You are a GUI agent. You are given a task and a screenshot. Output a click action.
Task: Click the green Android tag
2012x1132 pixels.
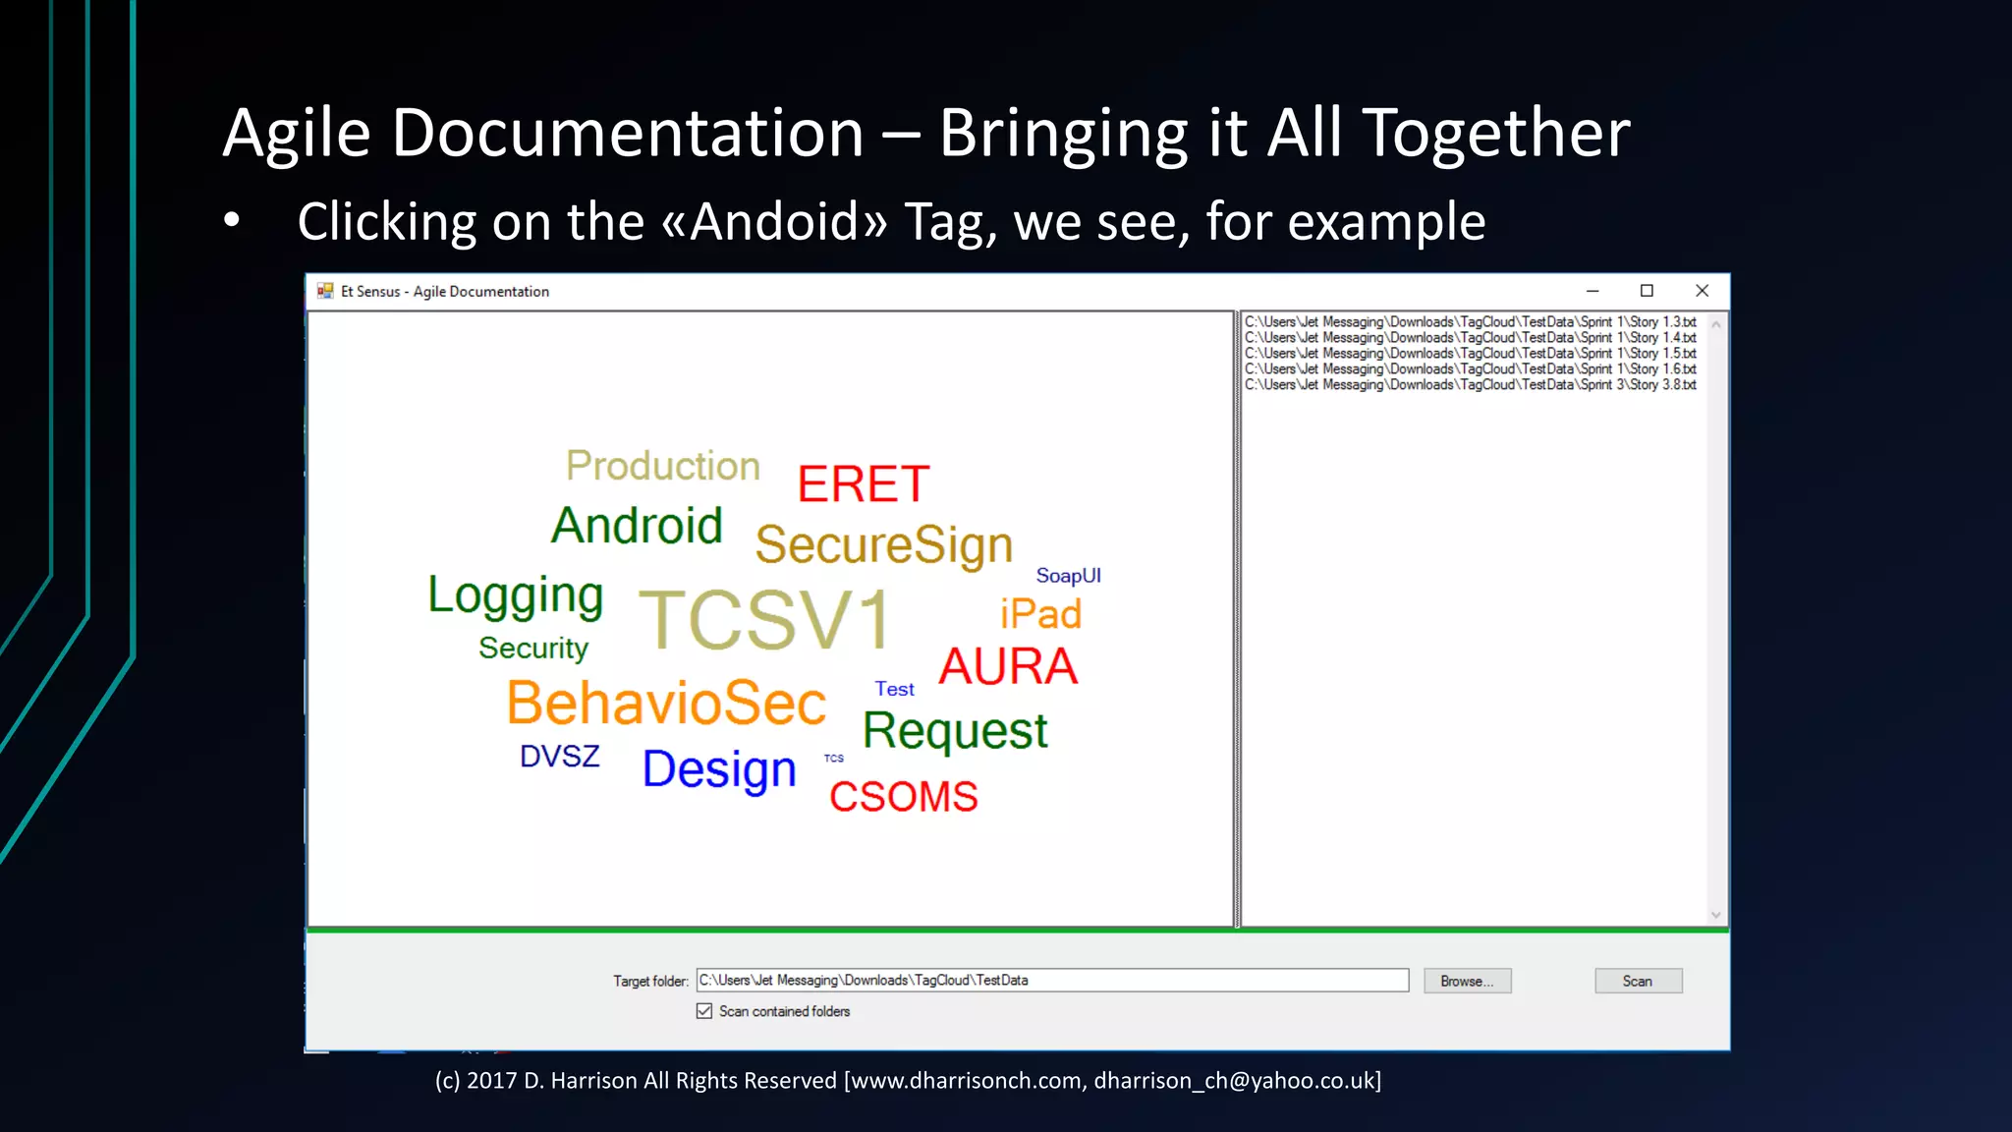point(637,526)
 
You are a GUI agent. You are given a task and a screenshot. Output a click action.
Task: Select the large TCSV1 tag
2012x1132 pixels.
point(765,620)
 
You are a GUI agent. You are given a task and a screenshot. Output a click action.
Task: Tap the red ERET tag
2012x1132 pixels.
point(863,484)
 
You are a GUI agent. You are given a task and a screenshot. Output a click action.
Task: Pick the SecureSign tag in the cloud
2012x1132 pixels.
point(883,545)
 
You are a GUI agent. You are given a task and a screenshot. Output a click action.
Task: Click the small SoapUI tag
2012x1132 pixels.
point(1068,576)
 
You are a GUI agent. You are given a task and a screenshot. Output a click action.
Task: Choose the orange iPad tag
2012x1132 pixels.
point(1040,614)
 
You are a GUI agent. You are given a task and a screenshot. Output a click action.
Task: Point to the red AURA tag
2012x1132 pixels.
point(1008,666)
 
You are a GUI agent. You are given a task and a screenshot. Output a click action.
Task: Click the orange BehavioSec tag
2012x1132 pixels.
point(666,704)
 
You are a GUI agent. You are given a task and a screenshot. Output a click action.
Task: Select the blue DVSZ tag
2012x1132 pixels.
point(559,757)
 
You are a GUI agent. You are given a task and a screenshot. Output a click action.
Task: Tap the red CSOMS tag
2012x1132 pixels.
point(903,797)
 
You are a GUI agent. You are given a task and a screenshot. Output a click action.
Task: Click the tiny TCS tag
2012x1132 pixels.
point(833,759)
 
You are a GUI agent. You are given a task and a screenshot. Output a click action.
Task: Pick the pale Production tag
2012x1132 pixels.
point(663,466)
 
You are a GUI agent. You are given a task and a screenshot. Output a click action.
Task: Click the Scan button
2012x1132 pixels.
point(1638,981)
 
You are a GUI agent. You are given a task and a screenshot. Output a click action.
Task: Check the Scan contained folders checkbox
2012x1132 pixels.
point(704,1011)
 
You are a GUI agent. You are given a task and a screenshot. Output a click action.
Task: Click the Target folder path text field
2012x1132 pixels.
point(1051,981)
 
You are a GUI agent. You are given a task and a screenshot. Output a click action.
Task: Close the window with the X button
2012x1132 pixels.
point(1702,291)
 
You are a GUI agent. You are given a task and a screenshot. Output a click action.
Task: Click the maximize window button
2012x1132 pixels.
point(1647,291)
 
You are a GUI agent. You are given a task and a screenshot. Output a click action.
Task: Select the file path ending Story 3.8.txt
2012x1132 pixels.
point(1470,385)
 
